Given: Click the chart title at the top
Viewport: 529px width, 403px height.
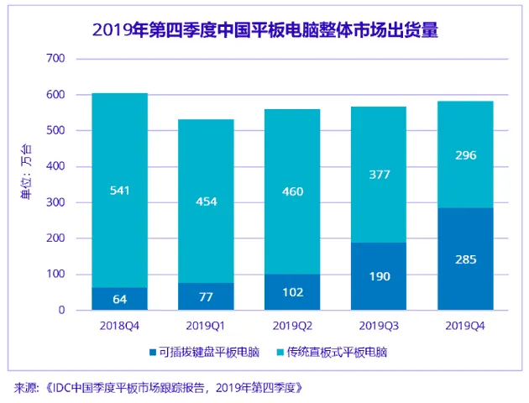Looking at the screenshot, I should click(264, 31).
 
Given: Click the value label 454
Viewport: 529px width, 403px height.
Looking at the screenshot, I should click(206, 201).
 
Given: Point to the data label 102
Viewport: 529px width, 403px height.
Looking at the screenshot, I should click(291, 292).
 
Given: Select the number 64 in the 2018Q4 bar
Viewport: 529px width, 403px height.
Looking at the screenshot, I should click(119, 299).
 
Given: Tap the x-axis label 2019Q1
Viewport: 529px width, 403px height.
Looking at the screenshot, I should click(205, 323).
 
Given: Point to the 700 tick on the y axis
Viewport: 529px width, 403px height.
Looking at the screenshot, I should click(55, 59).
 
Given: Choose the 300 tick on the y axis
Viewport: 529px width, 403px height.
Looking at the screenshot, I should click(55, 202).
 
